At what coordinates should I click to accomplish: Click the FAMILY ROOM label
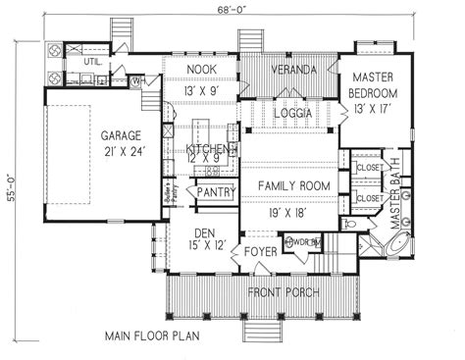[x=290, y=185]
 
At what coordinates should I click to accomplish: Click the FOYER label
[x=260, y=251]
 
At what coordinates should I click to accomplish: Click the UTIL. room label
[x=93, y=61]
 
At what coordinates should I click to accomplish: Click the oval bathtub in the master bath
[x=398, y=242]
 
